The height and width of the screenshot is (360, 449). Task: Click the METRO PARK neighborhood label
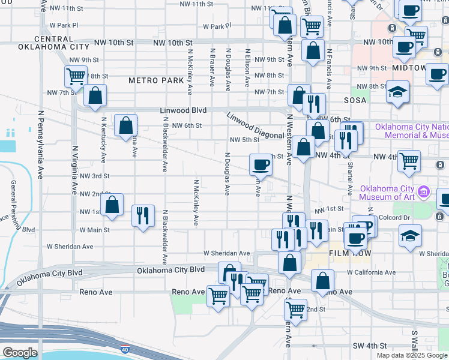click(156, 80)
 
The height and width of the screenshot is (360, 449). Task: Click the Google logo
click(20, 353)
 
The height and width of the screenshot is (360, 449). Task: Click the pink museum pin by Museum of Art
click(424, 193)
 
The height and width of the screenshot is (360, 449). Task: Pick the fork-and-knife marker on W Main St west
click(143, 215)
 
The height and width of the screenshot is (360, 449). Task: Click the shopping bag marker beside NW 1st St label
click(112, 205)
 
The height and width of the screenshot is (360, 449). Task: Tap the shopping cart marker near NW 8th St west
click(76, 76)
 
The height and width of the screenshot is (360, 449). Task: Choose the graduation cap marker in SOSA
click(397, 92)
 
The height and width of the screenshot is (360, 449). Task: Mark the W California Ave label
click(371, 272)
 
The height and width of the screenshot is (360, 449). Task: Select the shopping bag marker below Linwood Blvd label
click(125, 126)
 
